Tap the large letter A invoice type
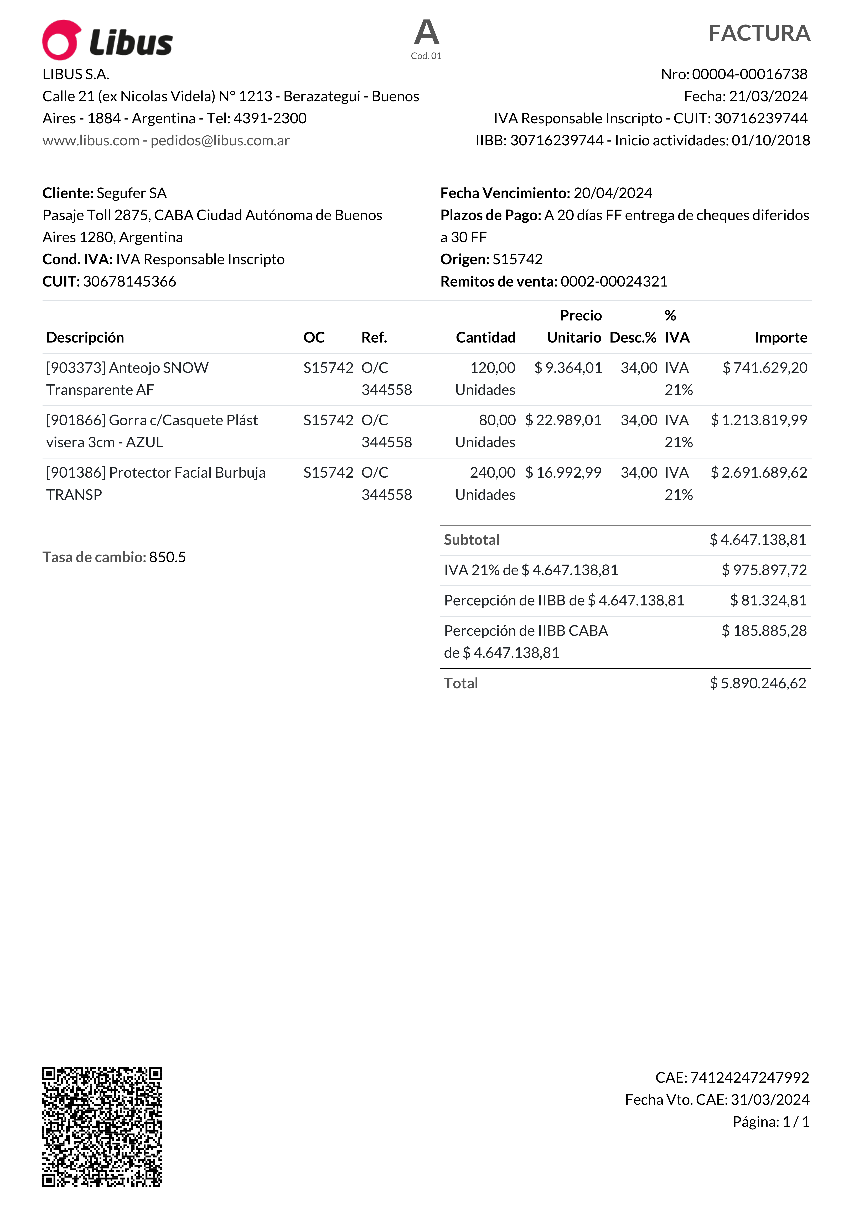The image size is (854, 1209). pyautogui.click(x=426, y=33)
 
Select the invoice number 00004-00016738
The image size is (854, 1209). pyautogui.click(x=749, y=74)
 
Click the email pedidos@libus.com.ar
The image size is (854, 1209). pyautogui.click(x=220, y=141)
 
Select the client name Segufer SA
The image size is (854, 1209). pyautogui.click(x=132, y=193)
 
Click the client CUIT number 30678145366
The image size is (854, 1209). pyautogui.click(x=130, y=282)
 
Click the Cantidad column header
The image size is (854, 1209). pyautogui.click(x=485, y=338)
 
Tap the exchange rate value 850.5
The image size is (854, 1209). pyautogui.click(x=167, y=557)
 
